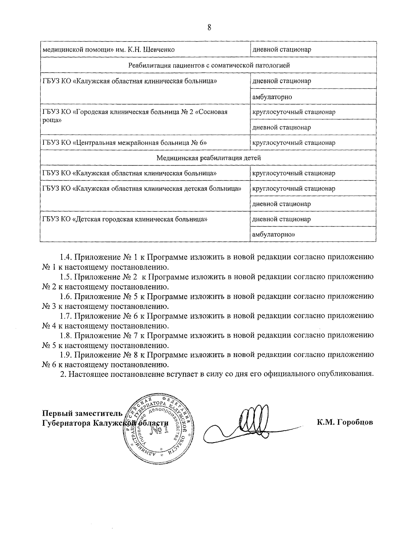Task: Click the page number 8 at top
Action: point(209,28)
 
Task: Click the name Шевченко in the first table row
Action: point(158,50)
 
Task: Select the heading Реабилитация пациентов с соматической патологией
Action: point(209,65)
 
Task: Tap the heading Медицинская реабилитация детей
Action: point(209,158)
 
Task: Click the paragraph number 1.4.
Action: point(66,258)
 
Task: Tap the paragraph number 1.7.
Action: point(66,316)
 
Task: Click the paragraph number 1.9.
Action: point(66,355)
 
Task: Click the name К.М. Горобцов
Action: point(345,422)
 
